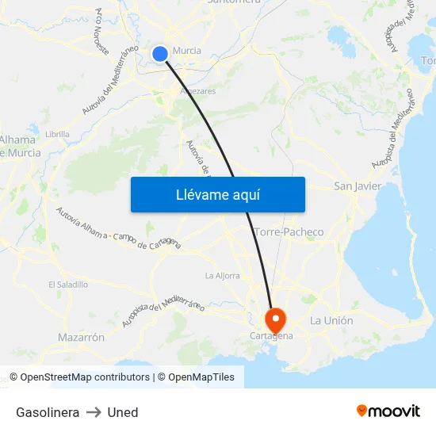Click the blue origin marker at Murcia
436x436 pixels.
[x=159, y=53]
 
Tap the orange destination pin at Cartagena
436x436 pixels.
[x=275, y=319]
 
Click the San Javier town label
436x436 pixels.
[x=358, y=186]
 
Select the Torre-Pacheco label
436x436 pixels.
[x=289, y=232]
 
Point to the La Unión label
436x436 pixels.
[x=331, y=320]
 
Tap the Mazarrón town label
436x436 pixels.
[x=81, y=338]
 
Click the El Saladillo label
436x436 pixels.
[x=68, y=284]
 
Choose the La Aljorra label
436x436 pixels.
[x=222, y=276]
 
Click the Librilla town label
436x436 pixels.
[x=57, y=135]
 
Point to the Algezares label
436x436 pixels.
[x=198, y=91]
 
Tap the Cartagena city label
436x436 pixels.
[x=273, y=336]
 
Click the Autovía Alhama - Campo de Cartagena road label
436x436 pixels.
[x=119, y=229]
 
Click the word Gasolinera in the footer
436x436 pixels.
[x=48, y=412]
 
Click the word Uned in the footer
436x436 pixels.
[x=123, y=412]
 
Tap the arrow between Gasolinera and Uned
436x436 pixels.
[x=94, y=412]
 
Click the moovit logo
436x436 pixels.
[x=388, y=411]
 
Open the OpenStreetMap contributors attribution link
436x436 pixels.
[x=85, y=377]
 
